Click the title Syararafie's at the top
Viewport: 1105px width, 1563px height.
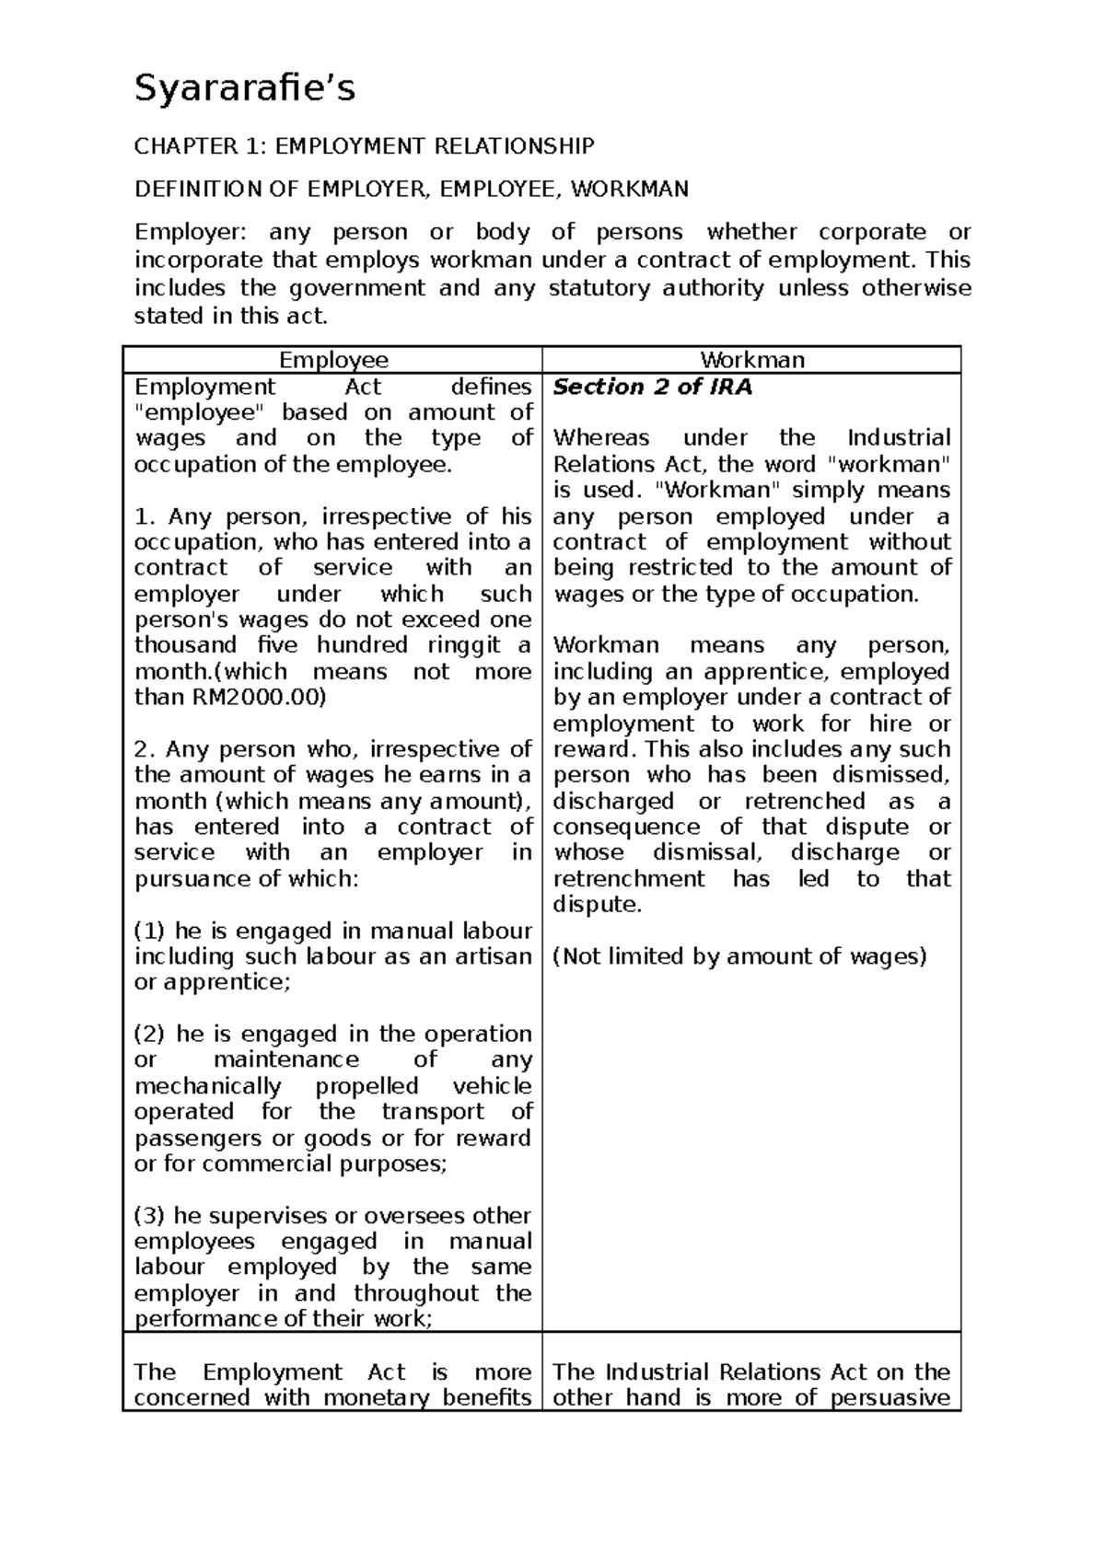pos(245,90)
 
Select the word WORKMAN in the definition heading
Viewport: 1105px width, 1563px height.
pos(629,190)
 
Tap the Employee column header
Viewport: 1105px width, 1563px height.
pos(333,360)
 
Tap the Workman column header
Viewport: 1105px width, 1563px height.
pos(752,360)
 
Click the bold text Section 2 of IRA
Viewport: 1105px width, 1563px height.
pos(652,387)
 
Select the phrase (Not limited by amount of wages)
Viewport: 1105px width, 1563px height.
pos(739,956)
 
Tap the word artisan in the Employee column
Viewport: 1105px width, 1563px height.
pos(494,956)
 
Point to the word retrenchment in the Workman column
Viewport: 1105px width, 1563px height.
pos(629,878)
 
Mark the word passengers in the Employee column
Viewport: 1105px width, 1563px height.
pos(197,1138)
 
